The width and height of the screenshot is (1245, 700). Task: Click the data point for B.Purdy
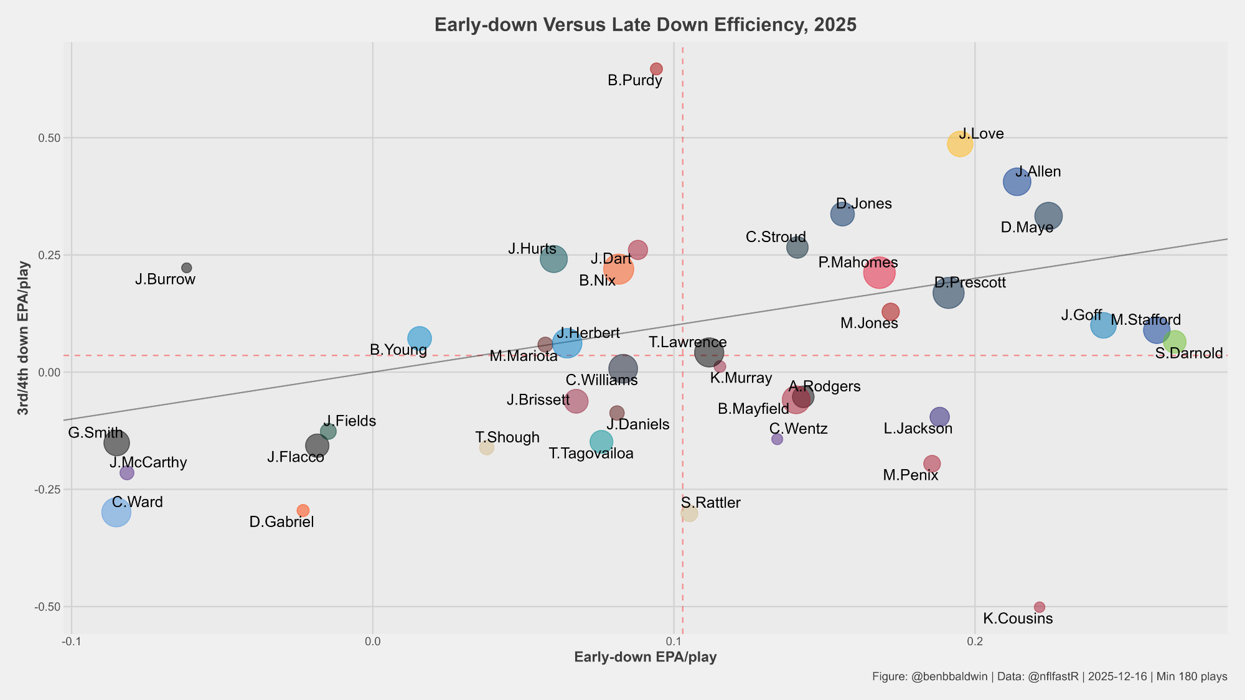[656, 69]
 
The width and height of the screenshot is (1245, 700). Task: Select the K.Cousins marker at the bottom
[1039, 607]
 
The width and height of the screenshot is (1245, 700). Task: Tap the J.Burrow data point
[186, 268]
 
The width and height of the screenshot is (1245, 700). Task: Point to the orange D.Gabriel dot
[303, 510]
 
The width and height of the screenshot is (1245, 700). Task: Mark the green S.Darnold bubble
[1174, 342]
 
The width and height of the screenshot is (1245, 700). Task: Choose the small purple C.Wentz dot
[777, 439]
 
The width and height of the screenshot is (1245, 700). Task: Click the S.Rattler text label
[710, 503]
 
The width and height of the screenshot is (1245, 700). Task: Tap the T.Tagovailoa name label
[591, 454]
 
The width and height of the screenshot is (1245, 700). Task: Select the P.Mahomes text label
[858, 263]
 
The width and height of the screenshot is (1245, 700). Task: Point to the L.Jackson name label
[918, 429]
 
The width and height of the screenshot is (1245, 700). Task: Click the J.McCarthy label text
[148, 462]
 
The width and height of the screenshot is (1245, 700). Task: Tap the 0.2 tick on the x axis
[975, 641]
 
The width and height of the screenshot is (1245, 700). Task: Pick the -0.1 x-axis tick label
[71, 641]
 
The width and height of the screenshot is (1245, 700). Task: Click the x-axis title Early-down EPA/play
[645, 658]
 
